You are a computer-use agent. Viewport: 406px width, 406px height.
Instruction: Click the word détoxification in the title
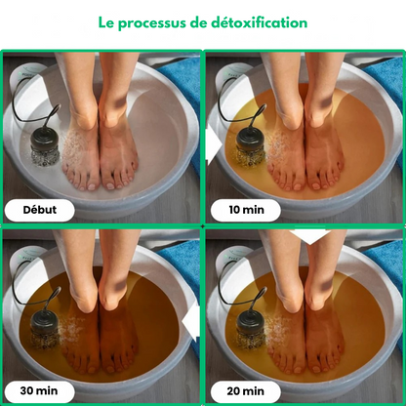tap(259, 22)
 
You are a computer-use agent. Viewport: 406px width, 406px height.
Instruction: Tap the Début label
tap(39, 210)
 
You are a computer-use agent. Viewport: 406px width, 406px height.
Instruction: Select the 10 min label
tap(246, 210)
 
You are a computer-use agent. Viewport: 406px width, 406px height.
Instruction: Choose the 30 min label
tap(39, 390)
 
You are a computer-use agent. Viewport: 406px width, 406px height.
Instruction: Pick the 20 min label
tap(246, 390)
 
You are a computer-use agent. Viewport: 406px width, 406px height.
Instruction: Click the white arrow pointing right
tap(214, 144)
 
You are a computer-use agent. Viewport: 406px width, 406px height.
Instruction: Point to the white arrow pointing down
tap(310, 236)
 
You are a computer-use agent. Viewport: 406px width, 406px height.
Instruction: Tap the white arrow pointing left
tap(191, 322)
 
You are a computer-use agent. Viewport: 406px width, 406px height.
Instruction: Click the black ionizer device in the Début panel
tap(45, 147)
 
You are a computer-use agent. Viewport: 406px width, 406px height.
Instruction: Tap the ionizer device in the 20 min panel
tap(251, 329)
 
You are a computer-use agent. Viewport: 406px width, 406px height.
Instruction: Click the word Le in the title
tap(105, 22)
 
